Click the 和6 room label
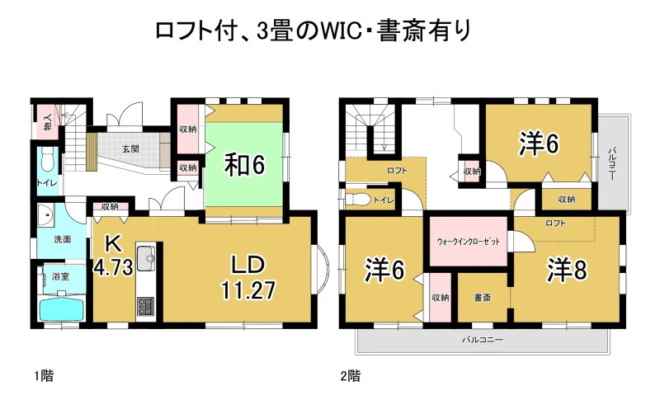(x=244, y=164)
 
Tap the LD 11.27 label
(x=248, y=277)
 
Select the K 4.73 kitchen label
(x=113, y=255)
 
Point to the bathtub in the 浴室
(x=61, y=309)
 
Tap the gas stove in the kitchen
(x=146, y=308)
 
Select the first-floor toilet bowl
(x=48, y=161)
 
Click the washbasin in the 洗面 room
(x=45, y=215)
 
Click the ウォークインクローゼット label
(x=468, y=242)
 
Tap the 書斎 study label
(x=483, y=298)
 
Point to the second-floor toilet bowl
(x=358, y=199)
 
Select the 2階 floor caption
(x=351, y=375)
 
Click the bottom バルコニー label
(x=483, y=340)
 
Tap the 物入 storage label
(x=48, y=122)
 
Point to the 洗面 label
(x=63, y=239)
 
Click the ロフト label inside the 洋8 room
(x=555, y=224)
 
